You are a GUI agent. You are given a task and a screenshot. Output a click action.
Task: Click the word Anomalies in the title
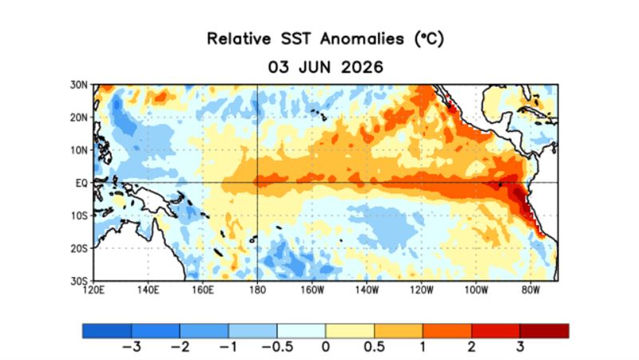coord(362,38)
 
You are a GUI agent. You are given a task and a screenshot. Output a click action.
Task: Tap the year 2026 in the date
coord(363,67)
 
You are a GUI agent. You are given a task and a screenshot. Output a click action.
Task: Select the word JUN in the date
coord(315,67)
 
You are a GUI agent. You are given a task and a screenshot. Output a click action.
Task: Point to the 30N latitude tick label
coord(78,85)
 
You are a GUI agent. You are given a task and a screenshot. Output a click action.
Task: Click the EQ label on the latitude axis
coord(81,183)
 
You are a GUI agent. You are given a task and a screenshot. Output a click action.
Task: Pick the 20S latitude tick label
coord(78,248)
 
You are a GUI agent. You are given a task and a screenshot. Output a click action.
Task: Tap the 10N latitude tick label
coord(78,150)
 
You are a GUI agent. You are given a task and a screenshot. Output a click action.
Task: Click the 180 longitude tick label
coord(257,290)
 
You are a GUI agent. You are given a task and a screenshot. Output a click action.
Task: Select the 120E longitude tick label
coord(93,290)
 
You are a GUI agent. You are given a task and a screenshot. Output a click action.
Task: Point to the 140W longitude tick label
coord(367,290)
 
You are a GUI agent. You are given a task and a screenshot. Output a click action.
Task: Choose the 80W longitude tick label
coord(530,290)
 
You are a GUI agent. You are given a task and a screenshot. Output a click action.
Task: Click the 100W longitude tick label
coord(476,290)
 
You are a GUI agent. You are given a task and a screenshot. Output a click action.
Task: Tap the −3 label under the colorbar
coord(131,347)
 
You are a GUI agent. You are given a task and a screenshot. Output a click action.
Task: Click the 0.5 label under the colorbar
coord(374,347)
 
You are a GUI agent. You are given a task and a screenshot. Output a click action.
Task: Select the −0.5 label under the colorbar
coord(277,347)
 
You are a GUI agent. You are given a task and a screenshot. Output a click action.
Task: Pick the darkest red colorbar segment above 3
coord(545,330)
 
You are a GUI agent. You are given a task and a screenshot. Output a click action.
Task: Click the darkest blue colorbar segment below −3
coord(107,330)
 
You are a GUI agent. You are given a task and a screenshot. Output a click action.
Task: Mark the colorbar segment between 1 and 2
coord(447,330)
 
